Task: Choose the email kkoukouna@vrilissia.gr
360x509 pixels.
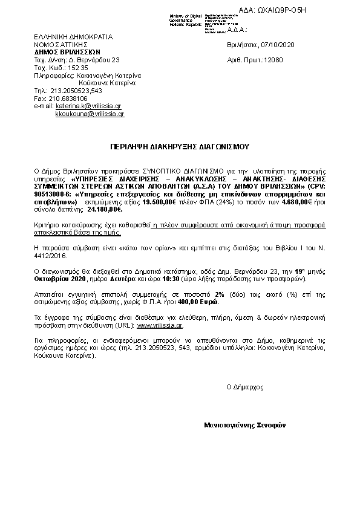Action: pyautogui.click(x=90, y=114)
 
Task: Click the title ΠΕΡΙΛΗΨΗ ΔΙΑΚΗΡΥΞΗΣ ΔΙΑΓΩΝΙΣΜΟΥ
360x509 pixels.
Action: pyautogui.click(x=179, y=146)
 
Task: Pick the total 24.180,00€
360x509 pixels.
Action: pyautogui.click(x=105, y=210)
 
